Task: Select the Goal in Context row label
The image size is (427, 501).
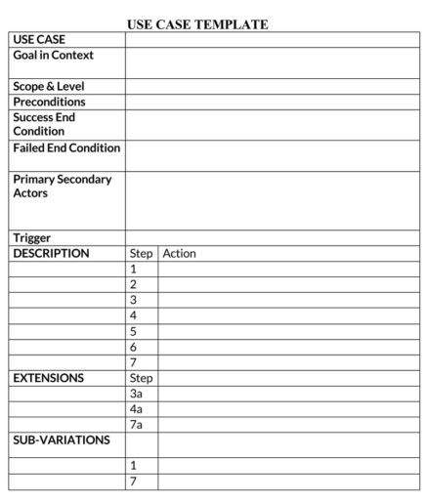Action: click(x=53, y=56)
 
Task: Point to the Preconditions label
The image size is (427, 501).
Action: click(x=49, y=102)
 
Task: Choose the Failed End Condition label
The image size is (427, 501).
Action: click(x=66, y=148)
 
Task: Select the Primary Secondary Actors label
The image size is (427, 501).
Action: click(x=62, y=186)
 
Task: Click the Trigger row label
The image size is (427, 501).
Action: click(x=32, y=237)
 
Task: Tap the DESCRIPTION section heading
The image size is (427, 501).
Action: click(x=51, y=253)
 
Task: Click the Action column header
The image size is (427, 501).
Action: click(x=180, y=253)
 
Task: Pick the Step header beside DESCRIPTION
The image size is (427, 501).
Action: click(x=142, y=253)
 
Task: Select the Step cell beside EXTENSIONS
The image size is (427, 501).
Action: click(x=142, y=378)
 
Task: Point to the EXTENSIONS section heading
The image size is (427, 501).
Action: click(x=49, y=378)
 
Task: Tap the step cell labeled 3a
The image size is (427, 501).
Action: click(x=137, y=394)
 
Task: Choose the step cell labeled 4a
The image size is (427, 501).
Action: click(x=137, y=409)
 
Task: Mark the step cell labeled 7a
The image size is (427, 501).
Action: click(x=137, y=425)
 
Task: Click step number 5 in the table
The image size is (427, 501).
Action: click(x=134, y=331)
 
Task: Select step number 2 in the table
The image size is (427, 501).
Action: click(x=134, y=284)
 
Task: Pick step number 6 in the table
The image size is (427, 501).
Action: click(x=134, y=347)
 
